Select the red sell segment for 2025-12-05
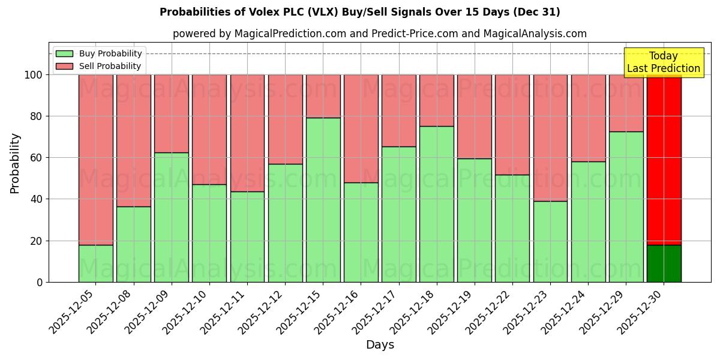click(96, 159)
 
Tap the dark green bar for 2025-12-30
click(664, 263)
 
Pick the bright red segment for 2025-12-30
click(664, 159)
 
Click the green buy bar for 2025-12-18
click(437, 204)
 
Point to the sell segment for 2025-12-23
click(550, 137)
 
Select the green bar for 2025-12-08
click(134, 244)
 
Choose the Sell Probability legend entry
click(110, 66)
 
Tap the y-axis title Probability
click(15, 163)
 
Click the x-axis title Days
click(380, 345)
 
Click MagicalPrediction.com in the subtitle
click(289, 34)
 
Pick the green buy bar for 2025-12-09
click(172, 217)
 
